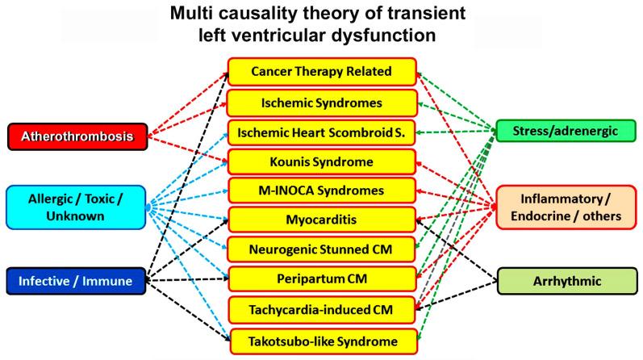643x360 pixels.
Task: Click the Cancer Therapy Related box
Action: (321, 72)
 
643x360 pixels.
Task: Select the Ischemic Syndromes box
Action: (321, 103)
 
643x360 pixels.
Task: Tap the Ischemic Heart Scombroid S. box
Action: (321, 132)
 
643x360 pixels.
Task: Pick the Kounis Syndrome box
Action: (321, 161)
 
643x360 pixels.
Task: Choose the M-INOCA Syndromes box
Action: (321, 190)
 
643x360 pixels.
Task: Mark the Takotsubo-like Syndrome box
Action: (321, 339)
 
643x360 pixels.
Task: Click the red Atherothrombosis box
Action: (76, 136)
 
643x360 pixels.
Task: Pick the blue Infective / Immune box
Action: (76, 281)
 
